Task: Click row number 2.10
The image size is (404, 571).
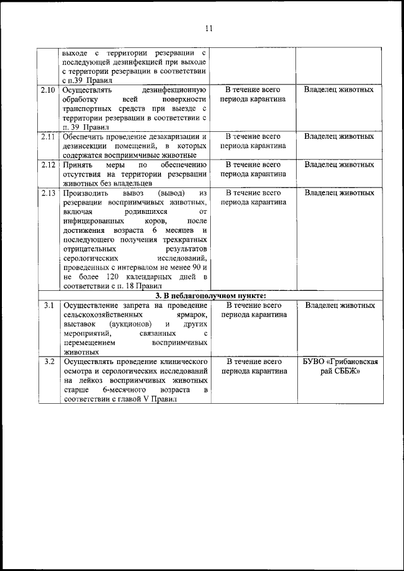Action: point(47,90)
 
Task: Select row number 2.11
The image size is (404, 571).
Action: point(47,136)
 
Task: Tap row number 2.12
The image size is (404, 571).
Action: point(47,165)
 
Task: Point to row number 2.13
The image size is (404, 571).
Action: point(47,193)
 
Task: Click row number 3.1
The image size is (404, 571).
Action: point(47,305)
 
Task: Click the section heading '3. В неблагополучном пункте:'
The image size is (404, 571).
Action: point(210,296)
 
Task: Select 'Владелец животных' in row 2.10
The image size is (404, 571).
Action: point(338,90)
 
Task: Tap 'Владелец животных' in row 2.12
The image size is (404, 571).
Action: point(338,165)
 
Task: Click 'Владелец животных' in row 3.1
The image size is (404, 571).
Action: point(338,305)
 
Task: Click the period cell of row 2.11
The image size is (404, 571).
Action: point(252,141)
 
